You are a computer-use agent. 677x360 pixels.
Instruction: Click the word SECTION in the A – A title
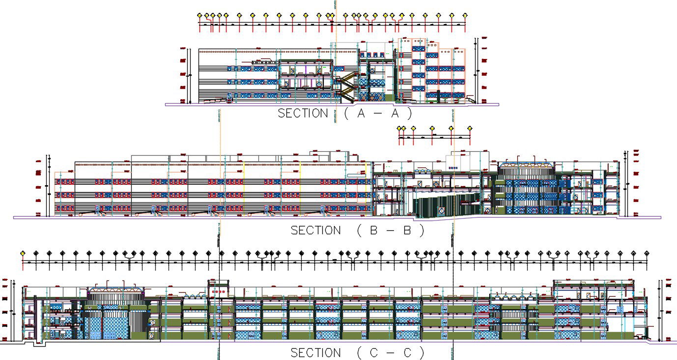pyautogui.click(x=303, y=113)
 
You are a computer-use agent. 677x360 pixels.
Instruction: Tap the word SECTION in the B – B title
pyautogui.click(x=315, y=230)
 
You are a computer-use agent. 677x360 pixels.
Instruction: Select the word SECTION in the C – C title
pyautogui.click(x=315, y=353)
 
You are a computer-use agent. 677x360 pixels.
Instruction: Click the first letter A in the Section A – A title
pyautogui.click(x=361, y=113)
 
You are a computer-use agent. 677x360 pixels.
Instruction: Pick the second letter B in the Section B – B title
pyautogui.click(x=407, y=230)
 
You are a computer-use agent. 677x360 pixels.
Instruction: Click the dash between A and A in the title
pyautogui.click(x=384, y=113)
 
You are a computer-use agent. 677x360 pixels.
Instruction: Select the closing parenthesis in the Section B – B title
pyautogui.click(x=422, y=230)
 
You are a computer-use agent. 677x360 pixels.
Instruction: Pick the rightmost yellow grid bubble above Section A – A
pyautogui.click(x=465, y=15)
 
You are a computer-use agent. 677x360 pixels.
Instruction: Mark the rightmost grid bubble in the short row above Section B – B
pyautogui.click(x=470, y=128)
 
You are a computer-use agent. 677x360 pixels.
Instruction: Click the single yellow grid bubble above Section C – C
pyautogui.click(x=23, y=253)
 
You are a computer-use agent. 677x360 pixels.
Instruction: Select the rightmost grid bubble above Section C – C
pyautogui.click(x=647, y=253)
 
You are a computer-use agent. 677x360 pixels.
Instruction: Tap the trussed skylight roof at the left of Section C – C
pyautogui.click(x=116, y=291)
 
